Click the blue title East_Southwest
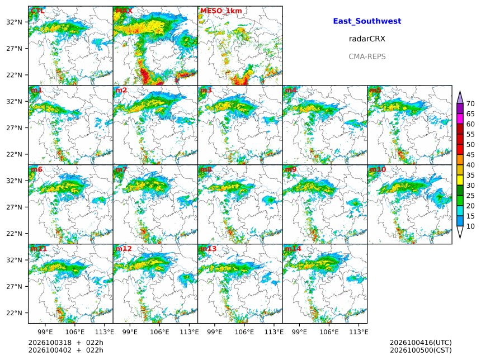pos(367,21)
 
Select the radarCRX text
pos(367,39)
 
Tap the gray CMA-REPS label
pos(367,56)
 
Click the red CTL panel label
pos(37,11)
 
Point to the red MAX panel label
pos(124,11)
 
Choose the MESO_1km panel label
pos(221,11)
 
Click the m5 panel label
pos(375,90)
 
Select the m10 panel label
pos(378,169)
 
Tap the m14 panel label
pos(293,248)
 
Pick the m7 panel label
pos(121,169)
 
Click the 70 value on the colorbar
pos(470,103)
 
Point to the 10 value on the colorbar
pos(470,226)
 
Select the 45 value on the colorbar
pos(470,155)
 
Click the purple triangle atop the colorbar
pos(460,97)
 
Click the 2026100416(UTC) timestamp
pos(421,343)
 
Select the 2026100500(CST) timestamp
pos(421,350)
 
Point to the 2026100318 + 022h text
pos(65,343)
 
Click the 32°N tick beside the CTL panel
pos(14,22)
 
